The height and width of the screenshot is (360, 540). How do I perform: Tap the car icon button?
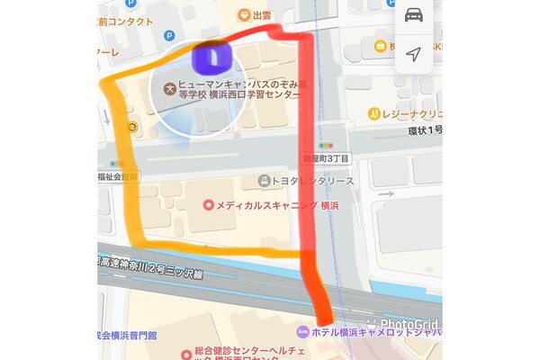[x=413, y=16]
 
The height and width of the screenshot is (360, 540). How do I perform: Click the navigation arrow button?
[x=413, y=54]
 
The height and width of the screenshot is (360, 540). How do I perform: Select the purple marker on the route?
[x=212, y=59]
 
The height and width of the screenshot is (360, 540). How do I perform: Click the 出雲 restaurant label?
[x=262, y=14]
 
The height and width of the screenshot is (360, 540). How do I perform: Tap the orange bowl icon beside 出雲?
[x=243, y=14]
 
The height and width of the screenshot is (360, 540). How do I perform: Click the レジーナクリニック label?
[x=409, y=114]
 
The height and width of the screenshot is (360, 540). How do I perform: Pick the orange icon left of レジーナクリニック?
[x=373, y=114]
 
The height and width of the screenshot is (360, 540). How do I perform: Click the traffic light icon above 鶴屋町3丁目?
[x=327, y=145]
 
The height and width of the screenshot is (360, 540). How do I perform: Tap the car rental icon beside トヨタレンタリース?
[x=264, y=181]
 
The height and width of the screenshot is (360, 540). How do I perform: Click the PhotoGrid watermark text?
[x=409, y=324]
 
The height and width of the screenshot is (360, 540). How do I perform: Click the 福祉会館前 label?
[x=117, y=177]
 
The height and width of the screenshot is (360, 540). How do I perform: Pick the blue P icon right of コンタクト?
[x=169, y=35]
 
